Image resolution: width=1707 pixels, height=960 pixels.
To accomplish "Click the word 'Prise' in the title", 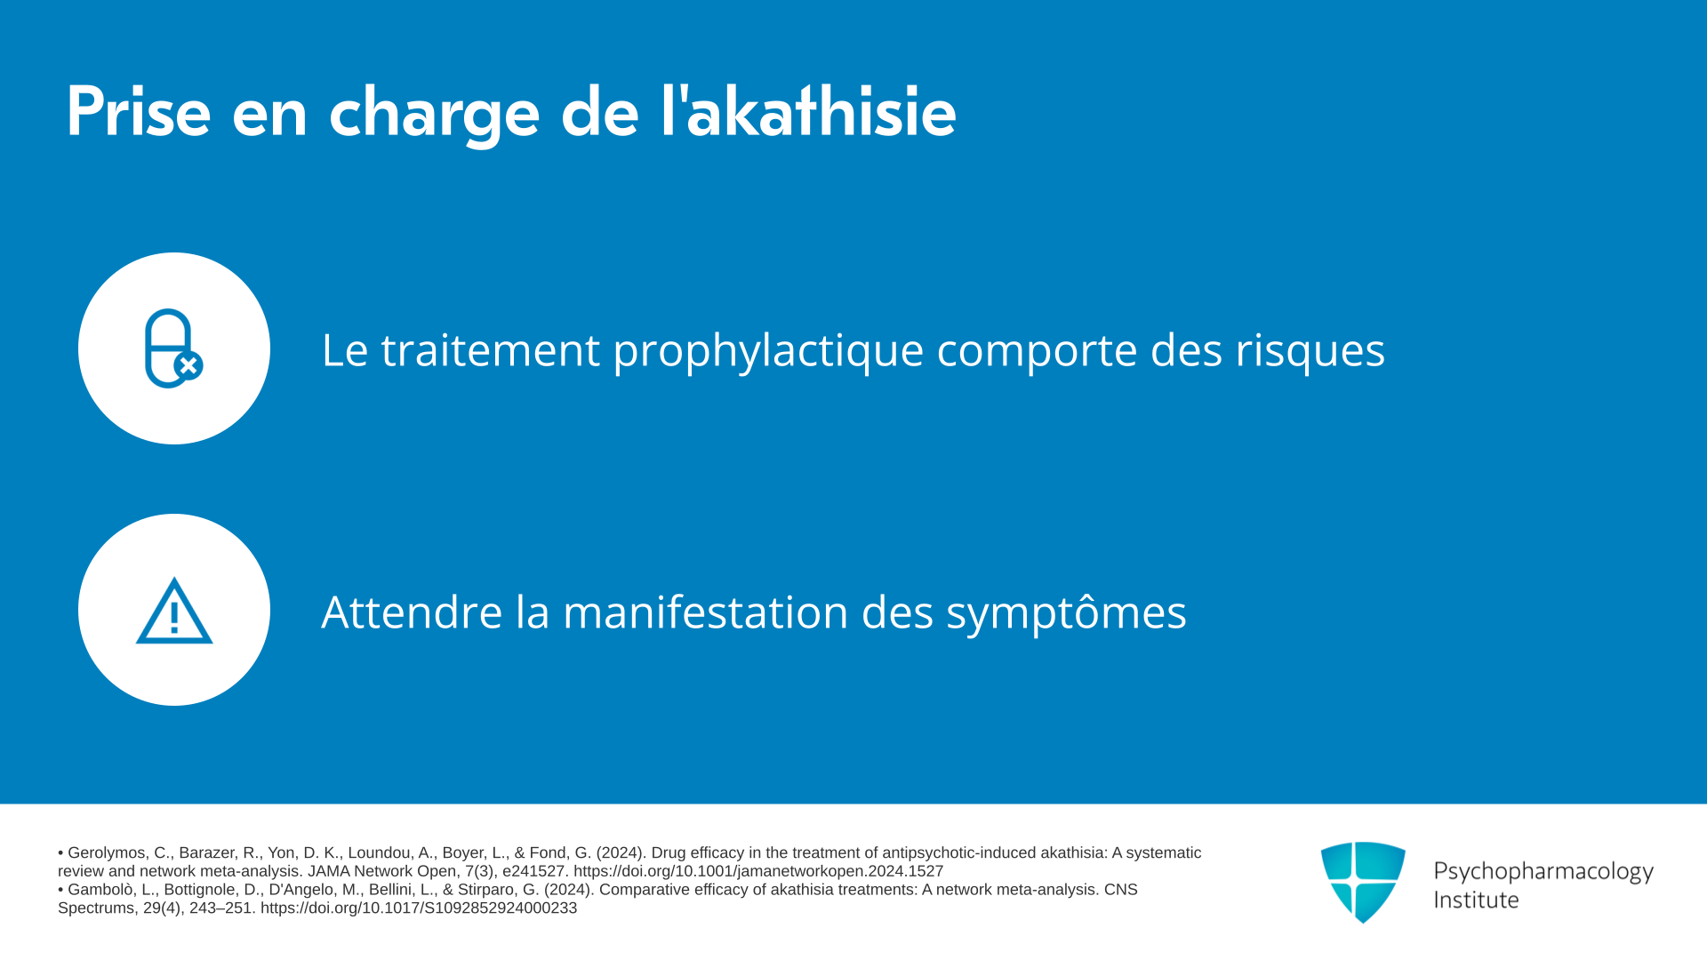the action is (139, 112).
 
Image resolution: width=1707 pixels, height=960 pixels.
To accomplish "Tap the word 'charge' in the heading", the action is (434, 116).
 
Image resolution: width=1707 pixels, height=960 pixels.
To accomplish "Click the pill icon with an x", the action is (173, 348).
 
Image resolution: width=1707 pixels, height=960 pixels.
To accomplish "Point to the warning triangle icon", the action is (174, 611).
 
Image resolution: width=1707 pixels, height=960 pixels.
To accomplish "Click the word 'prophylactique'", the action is (768, 351).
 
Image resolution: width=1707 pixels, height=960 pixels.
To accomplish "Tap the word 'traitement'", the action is (490, 349).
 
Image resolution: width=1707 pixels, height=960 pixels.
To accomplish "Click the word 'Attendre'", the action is (412, 612).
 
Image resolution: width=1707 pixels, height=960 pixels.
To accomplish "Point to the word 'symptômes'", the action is (1066, 612).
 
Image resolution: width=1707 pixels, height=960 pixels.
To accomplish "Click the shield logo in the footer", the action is (1363, 882).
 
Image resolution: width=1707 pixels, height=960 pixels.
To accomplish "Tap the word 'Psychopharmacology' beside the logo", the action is (1543, 872).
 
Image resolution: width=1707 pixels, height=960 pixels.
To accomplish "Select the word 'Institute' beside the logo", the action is (1476, 900).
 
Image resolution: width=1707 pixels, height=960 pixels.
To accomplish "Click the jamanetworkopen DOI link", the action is (758, 871).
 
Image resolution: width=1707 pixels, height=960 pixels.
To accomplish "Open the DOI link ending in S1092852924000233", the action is (419, 908).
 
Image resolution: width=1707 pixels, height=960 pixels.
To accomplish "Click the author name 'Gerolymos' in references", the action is (106, 853).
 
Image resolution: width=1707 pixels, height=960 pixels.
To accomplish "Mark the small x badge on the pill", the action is (188, 365).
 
